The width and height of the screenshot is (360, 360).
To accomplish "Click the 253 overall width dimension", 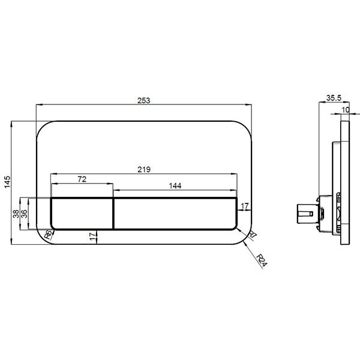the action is [x=144, y=101].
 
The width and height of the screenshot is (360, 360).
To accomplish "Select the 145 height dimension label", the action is [x=7, y=182].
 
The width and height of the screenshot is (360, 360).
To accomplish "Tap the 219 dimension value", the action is [x=144, y=169].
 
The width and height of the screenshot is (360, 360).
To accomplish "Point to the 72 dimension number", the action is [x=82, y=179].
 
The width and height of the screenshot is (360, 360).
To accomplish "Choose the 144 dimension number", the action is [x=175, y=186].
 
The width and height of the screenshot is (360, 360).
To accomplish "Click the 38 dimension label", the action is [x=16, y=214].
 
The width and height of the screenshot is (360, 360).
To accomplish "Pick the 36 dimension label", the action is [x=24, y=214].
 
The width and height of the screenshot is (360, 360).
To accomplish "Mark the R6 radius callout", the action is [x=49, y=235].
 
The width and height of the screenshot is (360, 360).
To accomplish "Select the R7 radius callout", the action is [x=253, y=235].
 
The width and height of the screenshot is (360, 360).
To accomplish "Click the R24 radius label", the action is [x=262, y=260].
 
